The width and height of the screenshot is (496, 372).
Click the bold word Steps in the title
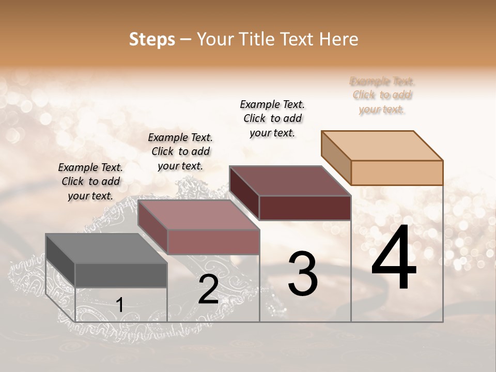pyautogui.click(x=152, y=39)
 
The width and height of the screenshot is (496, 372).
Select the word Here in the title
pyautogui.click(x=339, y=39)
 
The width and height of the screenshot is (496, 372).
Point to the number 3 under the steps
pyautogui.click(x=303, y=273)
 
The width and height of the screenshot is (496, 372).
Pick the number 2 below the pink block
pyautogui.click(x=208, y=289)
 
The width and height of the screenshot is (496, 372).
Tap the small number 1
pyautogui.click(x=119, y=305)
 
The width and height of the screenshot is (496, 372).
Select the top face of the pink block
pyautogui.click(x=198, y=215)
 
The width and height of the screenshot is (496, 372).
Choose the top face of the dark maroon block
pyautogui.click(x=290, y=181)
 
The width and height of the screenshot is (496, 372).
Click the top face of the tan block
pyautogui.click(x=382, y=145)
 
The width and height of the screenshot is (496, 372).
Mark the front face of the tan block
pyautogui.click(x=397, y=173)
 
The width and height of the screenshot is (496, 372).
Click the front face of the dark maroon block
pyautogui.click(x=305, y=208)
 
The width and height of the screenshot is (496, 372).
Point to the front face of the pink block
pyautogui.click(x=213, y=242)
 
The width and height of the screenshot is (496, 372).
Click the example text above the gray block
pyautogui.click(x=90, y=181)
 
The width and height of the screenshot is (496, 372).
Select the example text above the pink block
pyautogui.click(x=180, y=151)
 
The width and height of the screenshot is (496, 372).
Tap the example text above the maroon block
pyautogui.click(x=272, y=118)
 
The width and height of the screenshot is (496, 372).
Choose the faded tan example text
pyautogui.click(x=382, y=95)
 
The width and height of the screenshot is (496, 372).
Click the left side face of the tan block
pyautogui.click(x=336, y=157)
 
